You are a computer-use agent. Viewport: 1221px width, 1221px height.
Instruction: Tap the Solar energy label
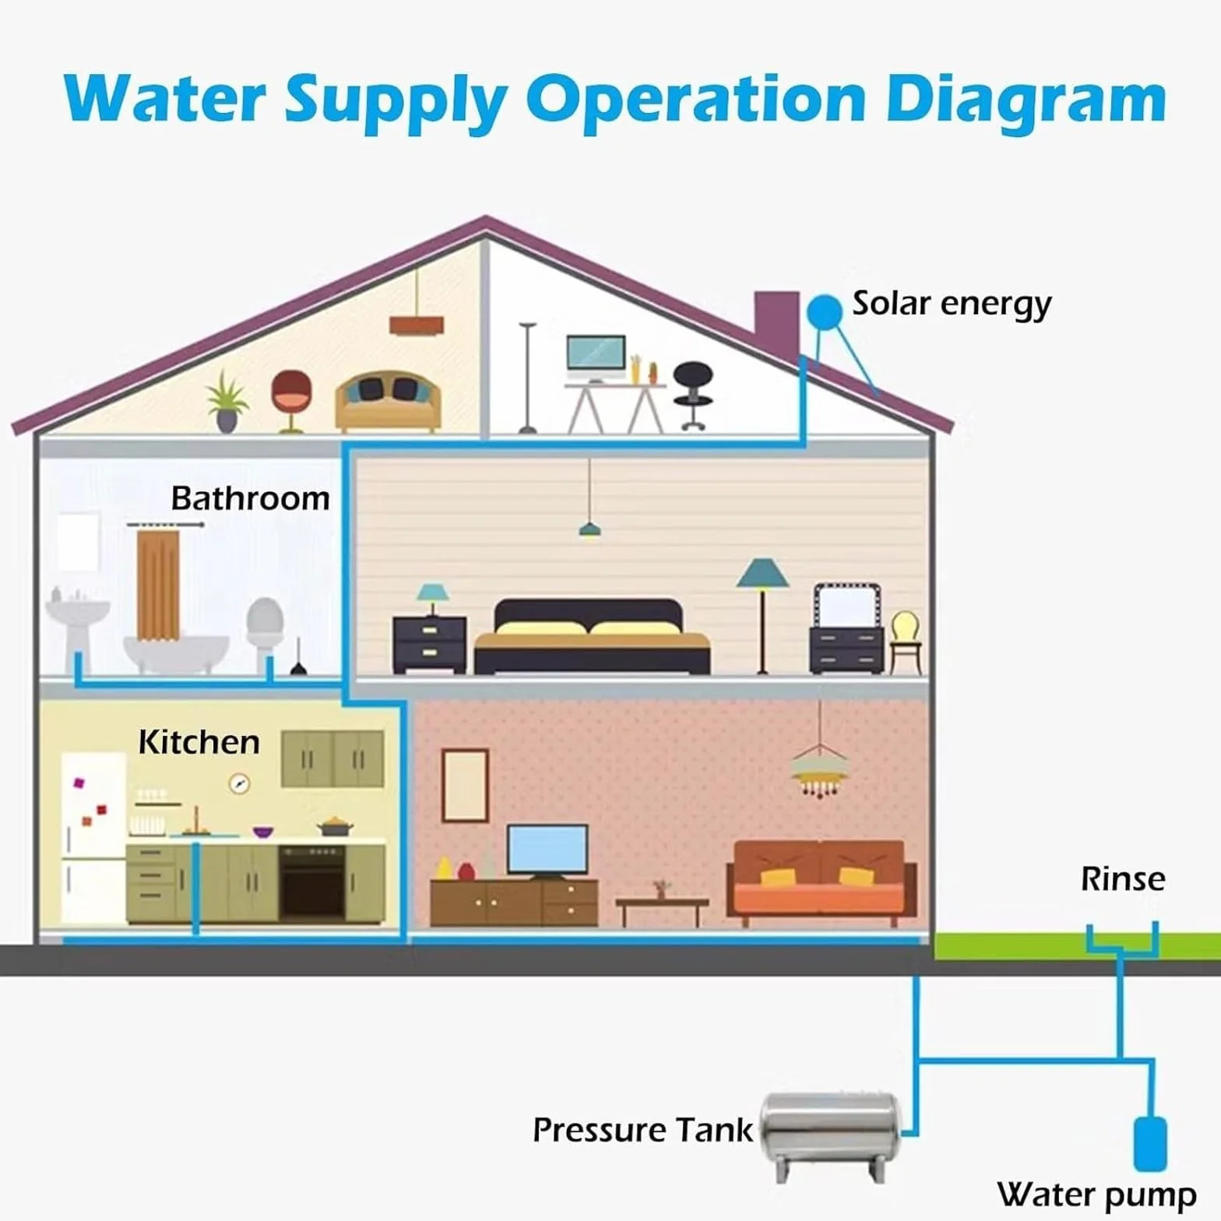(x=952, y=304)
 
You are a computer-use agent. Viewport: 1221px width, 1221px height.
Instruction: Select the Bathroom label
(x=250, y=498)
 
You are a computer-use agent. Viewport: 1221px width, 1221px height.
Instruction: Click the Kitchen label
(x=199, y=742)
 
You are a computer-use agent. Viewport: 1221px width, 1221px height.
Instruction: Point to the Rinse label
(x=1123, y=879)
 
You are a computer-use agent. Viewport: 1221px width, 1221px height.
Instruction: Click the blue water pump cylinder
(x=1149, y=1143)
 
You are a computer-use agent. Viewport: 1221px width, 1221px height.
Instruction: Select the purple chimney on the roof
(x=777, y=322)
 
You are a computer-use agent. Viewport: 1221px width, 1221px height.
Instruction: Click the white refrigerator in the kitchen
(x=93, y=837)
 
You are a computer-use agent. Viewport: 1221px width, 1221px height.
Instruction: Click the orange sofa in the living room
(x=821, y=882)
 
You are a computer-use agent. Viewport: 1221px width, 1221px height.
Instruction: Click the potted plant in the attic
(x=227, y=401)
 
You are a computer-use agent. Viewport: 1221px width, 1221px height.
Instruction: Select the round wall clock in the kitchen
(x=239, y=783)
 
